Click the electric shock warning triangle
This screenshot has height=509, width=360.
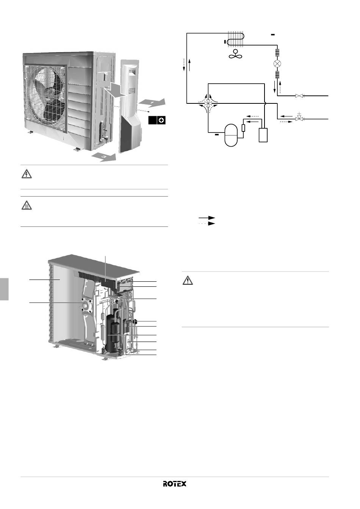coord(27,174)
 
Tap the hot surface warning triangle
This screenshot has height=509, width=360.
coord(27,205)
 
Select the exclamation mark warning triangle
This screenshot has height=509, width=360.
coord(188,280)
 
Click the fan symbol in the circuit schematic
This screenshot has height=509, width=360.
coord(235,54)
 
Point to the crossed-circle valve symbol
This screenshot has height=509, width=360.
coord(277,64)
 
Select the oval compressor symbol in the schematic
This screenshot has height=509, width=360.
coord(231,135)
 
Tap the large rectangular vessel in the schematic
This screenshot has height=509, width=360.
coord(263,135)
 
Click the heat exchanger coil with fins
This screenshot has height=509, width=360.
coord(236,39)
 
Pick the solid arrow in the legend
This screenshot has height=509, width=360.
coord(207,218)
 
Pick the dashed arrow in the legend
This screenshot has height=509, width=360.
coord(207,223)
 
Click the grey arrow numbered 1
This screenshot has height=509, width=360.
coord(152,103)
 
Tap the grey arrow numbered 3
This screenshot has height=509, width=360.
coord(104,157)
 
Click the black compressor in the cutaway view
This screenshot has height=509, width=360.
coord(113,333)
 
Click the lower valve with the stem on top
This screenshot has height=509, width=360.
coord(299,118)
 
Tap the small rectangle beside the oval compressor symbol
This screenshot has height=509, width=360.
coord(243,128)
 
